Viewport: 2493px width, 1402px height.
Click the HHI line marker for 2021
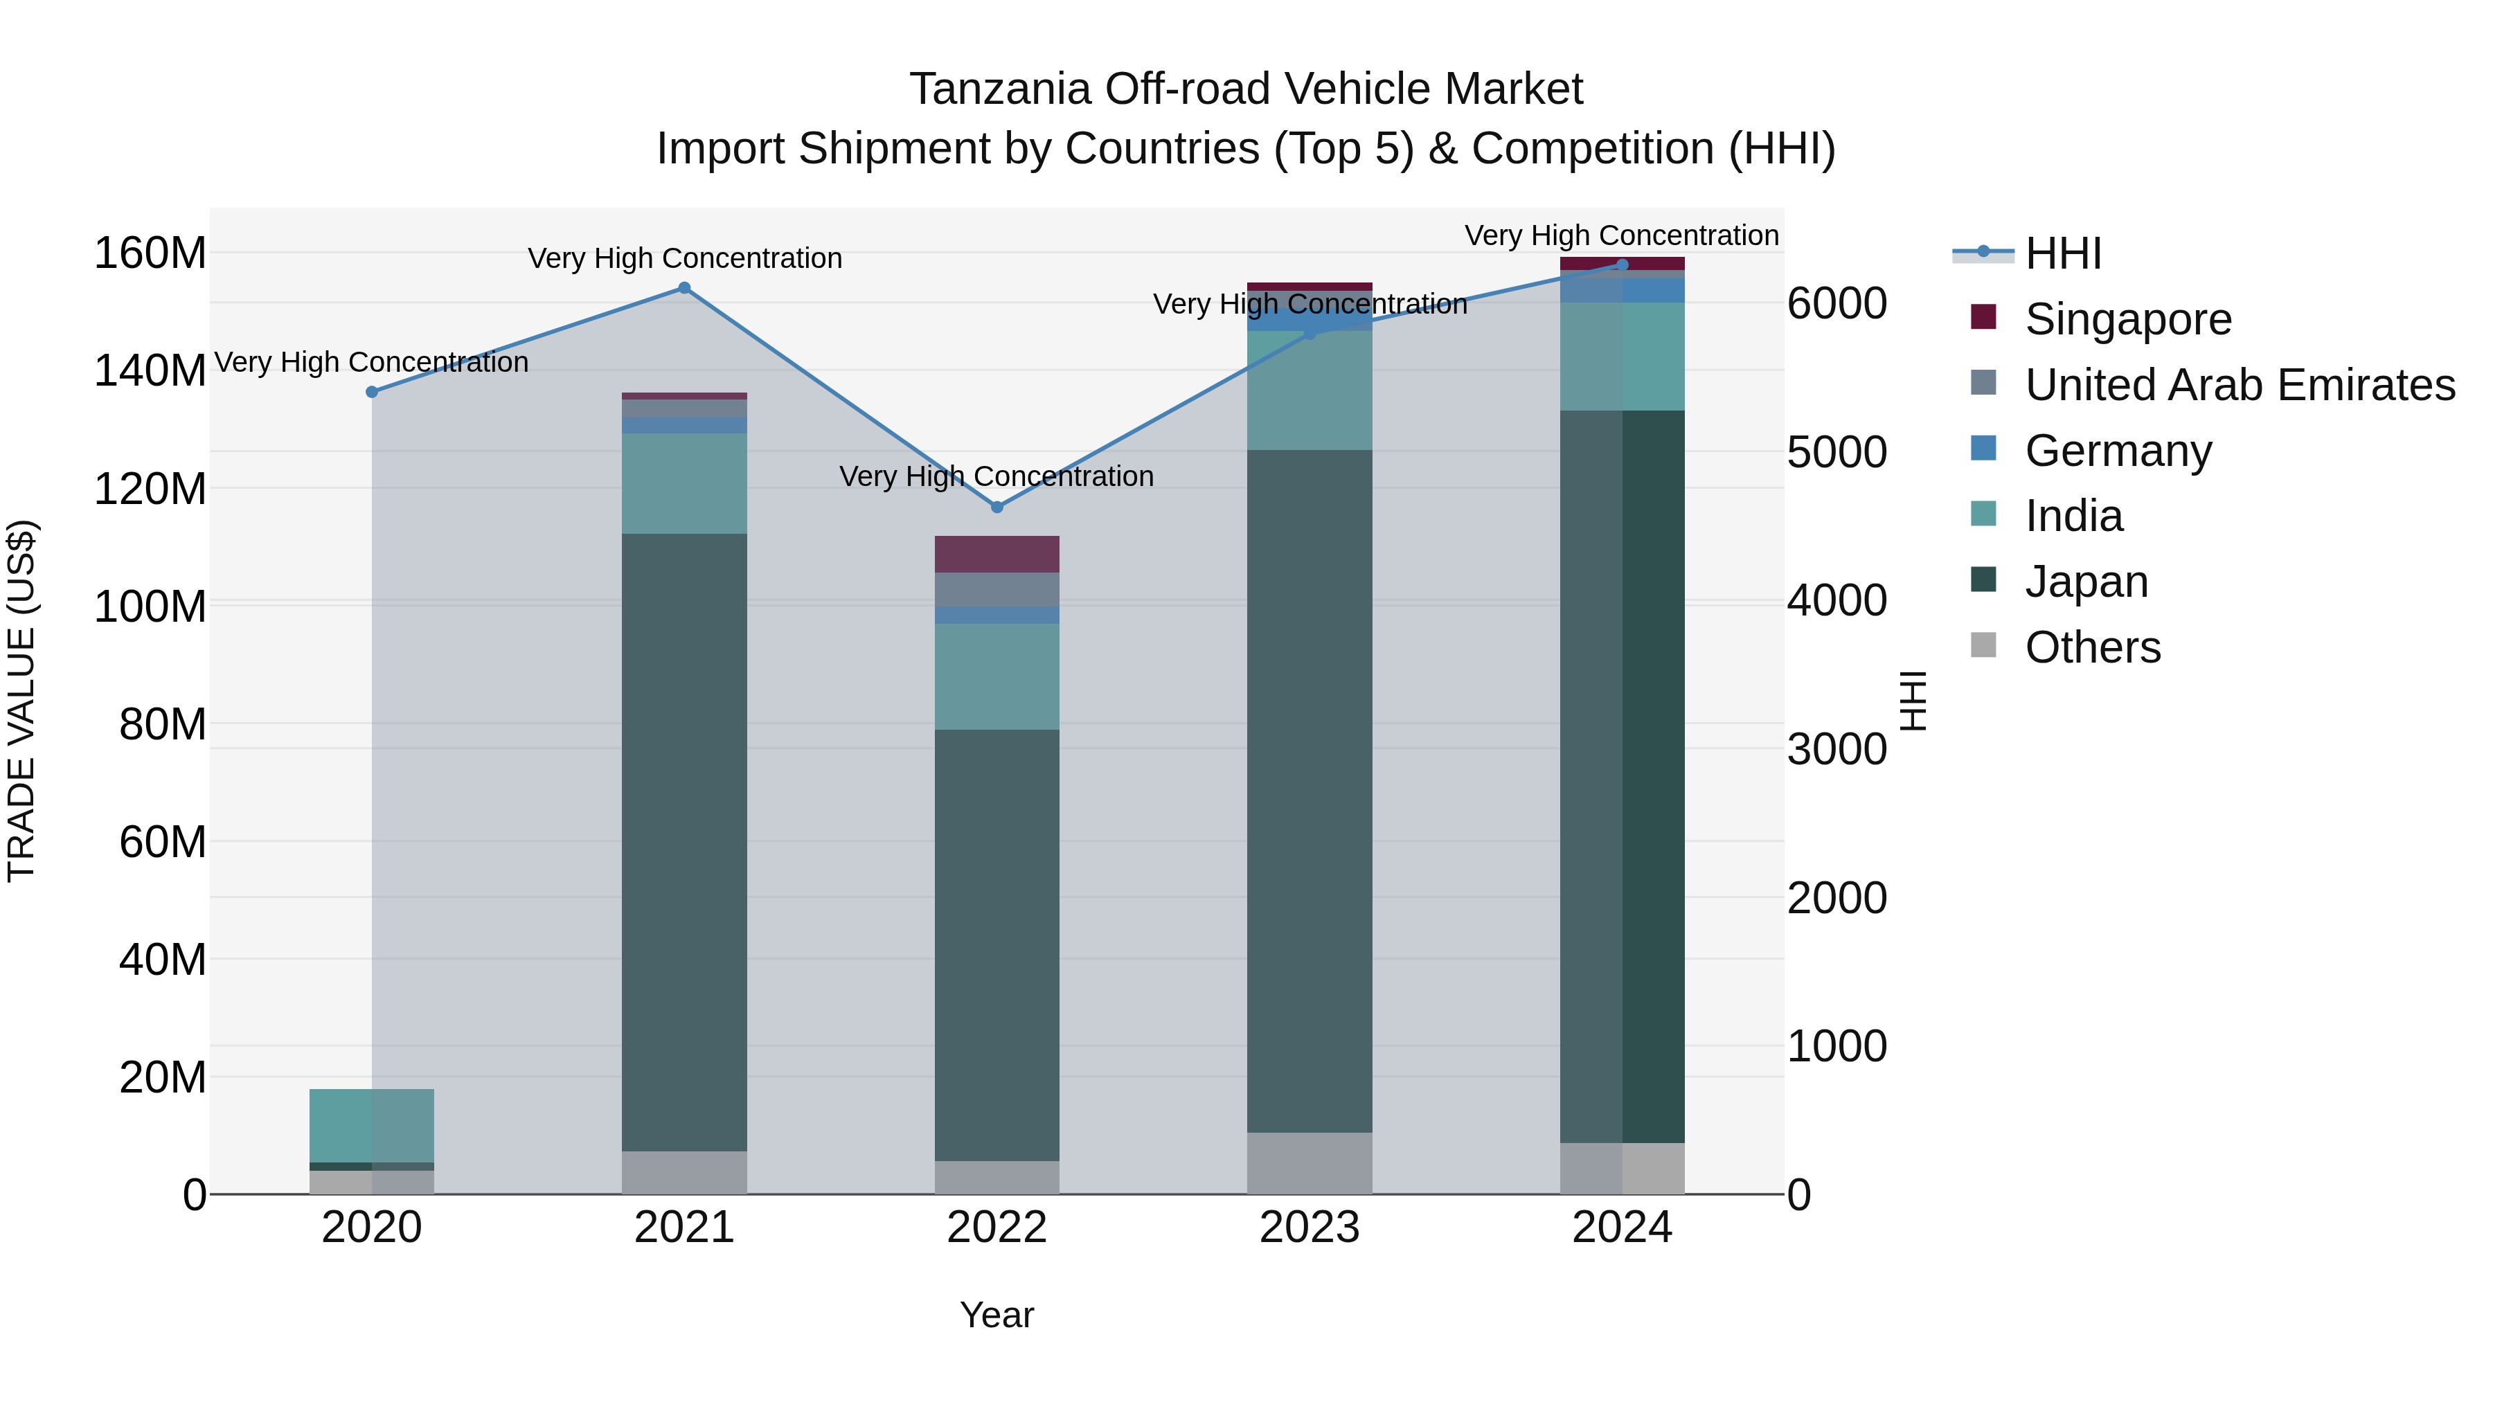click(684, 287)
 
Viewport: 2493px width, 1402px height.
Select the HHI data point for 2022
click(997, 507)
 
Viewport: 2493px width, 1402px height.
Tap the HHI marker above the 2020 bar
click(372, 392)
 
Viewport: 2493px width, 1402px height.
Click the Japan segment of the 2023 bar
click(1310, 791)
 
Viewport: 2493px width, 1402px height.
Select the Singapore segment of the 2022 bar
click(997, 553)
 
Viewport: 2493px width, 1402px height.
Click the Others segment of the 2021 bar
click(684, 1171)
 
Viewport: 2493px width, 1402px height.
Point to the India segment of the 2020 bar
click(372, 1124)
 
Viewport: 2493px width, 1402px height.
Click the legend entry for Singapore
click(2127, 319)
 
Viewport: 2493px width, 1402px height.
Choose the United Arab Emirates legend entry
click(2240, 385)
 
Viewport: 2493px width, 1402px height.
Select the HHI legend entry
click(2062, 253)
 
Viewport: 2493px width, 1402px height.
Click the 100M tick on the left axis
click(150, 606)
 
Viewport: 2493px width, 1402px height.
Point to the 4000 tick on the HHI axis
click(1836, 601)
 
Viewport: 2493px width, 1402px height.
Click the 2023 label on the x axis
click(1310, 1228)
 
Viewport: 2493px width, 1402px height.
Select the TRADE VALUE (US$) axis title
click(21, 701)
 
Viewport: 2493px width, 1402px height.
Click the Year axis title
click(997, 1315)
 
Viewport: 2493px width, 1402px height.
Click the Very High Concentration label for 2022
click(997, 476)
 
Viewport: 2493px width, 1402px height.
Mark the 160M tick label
click(150, 253)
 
